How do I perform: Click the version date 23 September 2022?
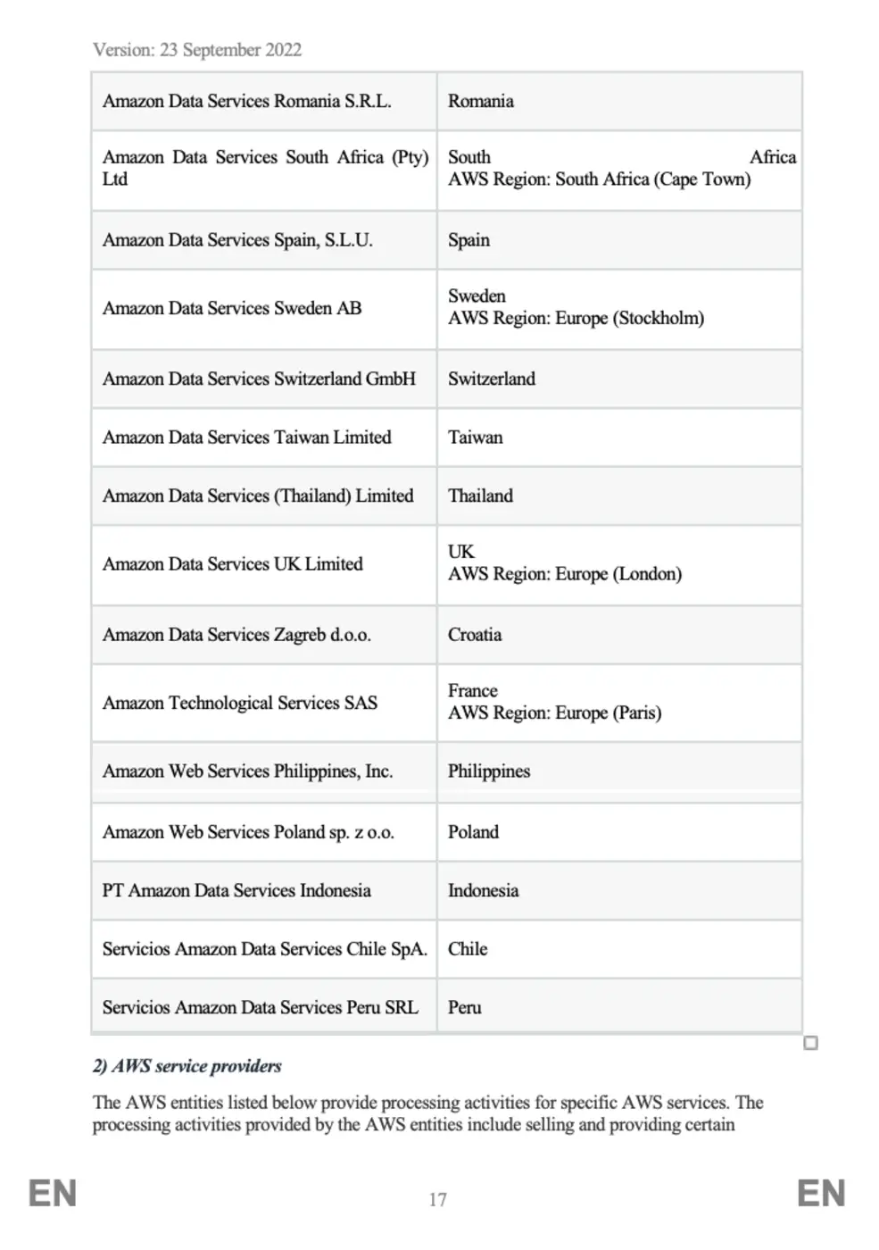(x=230, y=50)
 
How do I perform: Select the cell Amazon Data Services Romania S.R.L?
(x=246, y=101)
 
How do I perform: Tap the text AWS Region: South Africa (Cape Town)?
(x=599, y=179)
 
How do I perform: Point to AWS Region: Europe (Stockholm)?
(x=576, y=319)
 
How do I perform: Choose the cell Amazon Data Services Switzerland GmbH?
(x=259, y=379)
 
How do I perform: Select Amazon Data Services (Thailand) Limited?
(x=258, y=496)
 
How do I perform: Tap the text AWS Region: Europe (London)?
(x=565, y=574)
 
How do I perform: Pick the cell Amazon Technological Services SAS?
(x=240, y=703)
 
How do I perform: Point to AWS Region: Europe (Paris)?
(x=554, y=713)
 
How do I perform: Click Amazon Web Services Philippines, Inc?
(x=247, y=771)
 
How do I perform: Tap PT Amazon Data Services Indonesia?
(x=236, y=890)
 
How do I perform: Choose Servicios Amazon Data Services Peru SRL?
(x=260, y=1007)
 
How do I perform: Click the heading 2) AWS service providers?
(x=187, y=1066)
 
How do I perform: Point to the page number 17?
(x=437, y=1200)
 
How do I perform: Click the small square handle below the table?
(x=810, y=1043)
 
